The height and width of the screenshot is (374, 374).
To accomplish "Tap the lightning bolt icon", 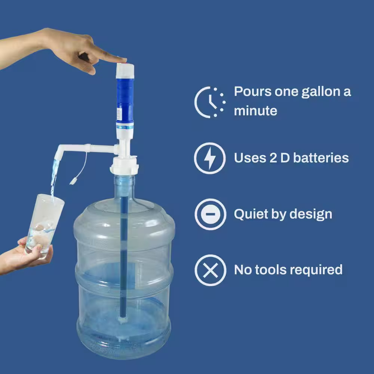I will (210, 158).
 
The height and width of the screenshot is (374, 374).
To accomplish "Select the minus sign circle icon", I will (210, 214).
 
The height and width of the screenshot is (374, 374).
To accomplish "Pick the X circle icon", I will (210, 270).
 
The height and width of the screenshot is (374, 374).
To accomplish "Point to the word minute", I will (255, 111).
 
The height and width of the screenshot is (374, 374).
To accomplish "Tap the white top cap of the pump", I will (125, 70).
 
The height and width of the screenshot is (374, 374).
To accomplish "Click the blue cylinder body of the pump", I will (125, 99).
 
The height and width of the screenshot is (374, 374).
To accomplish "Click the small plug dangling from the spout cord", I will (73, 182).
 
